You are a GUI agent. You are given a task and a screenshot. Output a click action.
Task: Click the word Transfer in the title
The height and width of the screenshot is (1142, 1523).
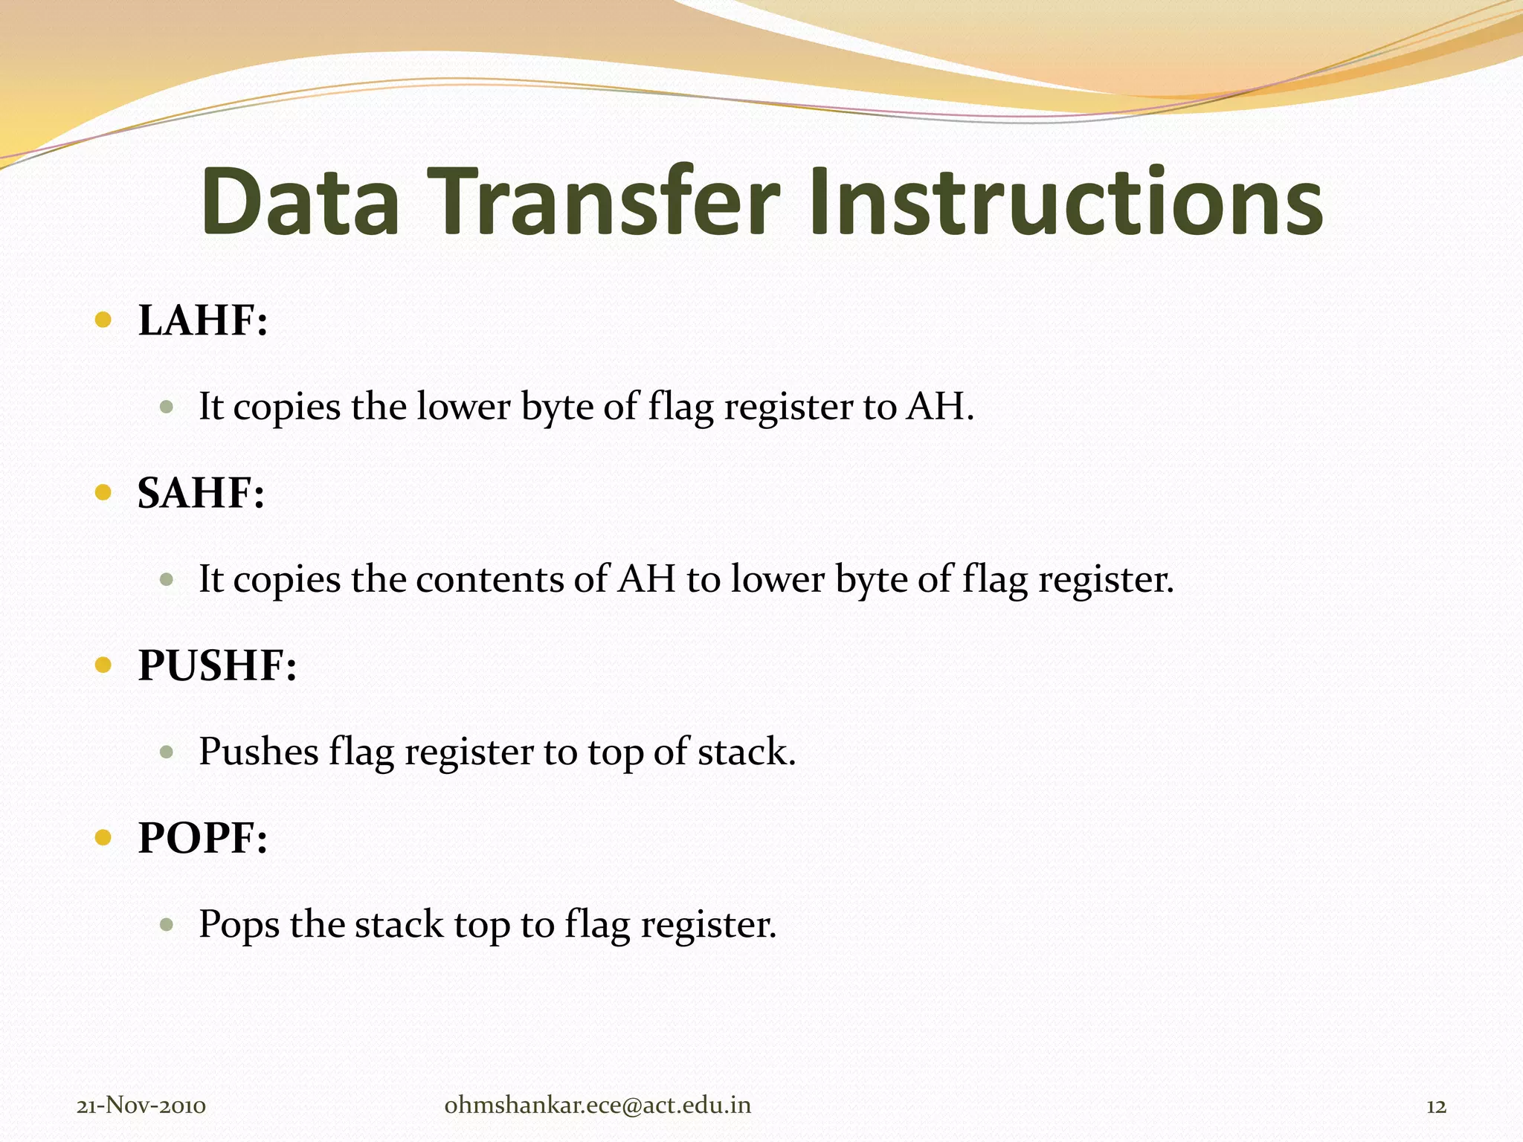point(603,202)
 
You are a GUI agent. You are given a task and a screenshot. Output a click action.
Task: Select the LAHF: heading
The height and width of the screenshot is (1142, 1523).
point(202,320)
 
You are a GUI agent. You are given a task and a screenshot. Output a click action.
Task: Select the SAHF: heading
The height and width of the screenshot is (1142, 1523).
point(201,493)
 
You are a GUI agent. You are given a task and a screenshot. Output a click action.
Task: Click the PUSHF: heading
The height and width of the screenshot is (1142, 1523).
point(217,665)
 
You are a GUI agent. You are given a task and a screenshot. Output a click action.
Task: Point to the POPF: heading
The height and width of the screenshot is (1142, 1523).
point(202,838)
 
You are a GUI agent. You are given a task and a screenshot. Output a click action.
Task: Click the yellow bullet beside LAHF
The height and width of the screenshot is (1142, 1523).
point(103,320)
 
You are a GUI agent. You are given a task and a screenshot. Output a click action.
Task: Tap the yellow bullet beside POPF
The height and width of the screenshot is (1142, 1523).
point(103,838)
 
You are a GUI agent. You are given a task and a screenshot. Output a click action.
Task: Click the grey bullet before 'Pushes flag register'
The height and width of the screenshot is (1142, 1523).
point(167,752)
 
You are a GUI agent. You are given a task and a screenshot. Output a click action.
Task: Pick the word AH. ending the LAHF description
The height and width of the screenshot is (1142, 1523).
point(939,407)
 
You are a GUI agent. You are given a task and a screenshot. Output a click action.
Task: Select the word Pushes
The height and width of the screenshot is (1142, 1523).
point(259,752)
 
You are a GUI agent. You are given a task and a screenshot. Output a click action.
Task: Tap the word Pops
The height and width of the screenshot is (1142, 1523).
point(239,924)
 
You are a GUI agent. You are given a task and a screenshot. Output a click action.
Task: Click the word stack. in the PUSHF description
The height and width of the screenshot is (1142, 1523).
point(747,752)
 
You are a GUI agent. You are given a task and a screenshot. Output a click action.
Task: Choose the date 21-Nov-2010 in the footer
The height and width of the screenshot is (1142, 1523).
point(141,1106)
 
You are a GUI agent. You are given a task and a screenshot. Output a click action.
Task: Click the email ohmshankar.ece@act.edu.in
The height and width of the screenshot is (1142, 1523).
point(597,1106)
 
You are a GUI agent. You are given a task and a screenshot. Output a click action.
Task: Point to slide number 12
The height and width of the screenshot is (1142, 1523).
point(1436,1106)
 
